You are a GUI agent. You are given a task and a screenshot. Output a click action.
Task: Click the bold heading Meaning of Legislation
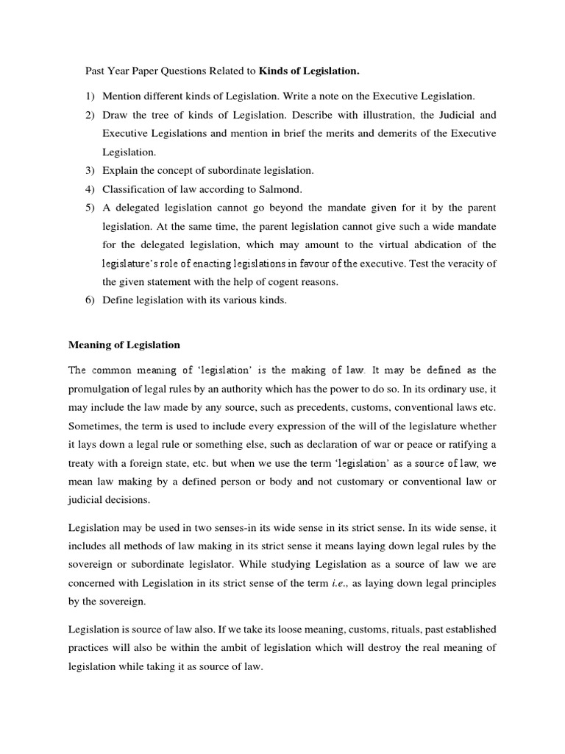124,345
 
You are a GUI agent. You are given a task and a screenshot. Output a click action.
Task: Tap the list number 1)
90,96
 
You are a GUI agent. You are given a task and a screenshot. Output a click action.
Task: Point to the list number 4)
90,188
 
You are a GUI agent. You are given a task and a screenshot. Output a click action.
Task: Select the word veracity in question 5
467,262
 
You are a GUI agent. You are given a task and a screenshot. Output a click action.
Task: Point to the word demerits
399,133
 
